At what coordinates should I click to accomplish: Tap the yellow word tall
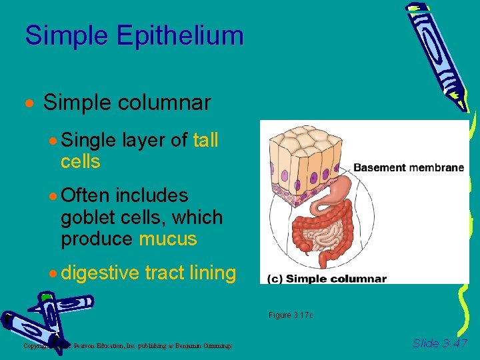tap(205, 141)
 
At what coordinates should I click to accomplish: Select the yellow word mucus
tap(168, 239)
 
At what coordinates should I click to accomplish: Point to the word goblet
tap(84, 217)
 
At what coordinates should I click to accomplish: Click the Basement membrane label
tap(408, 167)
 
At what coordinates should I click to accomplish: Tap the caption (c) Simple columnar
tap(327, 279)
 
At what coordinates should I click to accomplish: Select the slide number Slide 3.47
tap(439, 343)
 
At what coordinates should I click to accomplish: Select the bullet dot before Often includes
tap(53, 197)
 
